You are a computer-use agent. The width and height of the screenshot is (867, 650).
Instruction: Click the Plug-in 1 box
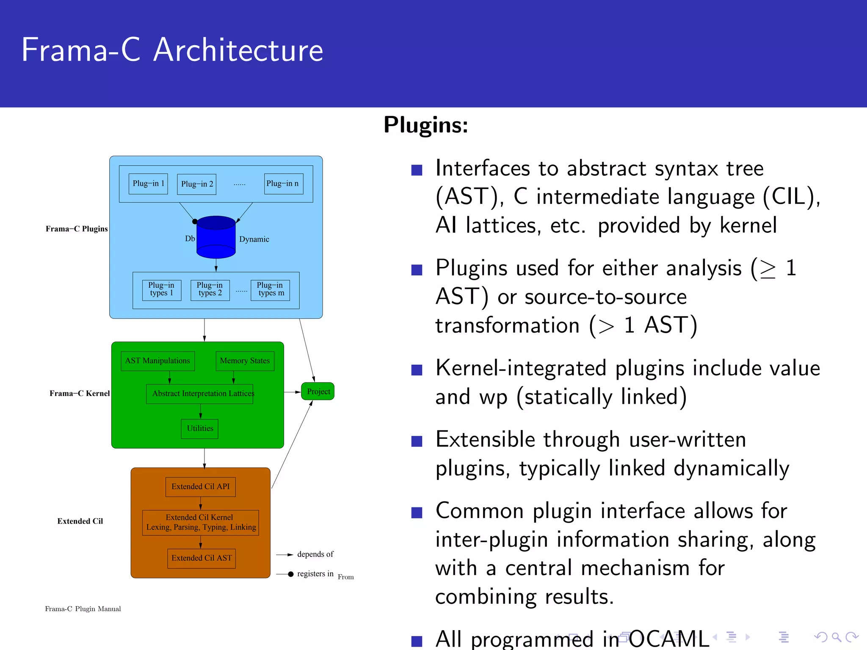148,184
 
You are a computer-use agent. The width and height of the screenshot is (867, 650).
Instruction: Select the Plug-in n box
283,184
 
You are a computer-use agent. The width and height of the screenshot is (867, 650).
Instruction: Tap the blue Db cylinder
216,237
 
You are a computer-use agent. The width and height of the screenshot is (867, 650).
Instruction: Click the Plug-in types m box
270,290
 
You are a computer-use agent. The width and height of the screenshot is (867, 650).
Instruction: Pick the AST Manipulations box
157,361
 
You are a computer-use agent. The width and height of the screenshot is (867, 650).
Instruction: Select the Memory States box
245,361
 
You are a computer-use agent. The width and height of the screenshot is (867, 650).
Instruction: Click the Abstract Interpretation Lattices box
200,394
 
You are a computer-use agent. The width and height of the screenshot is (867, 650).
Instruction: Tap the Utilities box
200,429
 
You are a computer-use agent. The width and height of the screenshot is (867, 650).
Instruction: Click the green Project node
318,391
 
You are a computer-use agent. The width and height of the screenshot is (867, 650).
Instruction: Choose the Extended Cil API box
200,487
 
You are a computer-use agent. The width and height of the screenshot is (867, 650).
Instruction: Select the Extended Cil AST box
202,558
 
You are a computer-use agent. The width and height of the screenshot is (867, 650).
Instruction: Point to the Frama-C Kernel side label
79,394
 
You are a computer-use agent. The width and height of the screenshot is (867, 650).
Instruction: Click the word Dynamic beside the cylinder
254,240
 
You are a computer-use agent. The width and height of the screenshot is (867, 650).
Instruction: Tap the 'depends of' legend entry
315,554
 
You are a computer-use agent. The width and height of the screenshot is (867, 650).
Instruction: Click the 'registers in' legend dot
291,574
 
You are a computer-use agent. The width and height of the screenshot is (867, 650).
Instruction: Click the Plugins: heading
425,125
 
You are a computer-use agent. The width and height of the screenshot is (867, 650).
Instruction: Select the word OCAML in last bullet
668,639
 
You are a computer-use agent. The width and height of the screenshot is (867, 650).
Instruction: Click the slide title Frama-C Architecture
172,50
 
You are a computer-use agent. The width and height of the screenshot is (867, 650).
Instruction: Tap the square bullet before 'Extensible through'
417,441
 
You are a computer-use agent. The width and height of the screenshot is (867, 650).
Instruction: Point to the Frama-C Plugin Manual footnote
83,609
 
